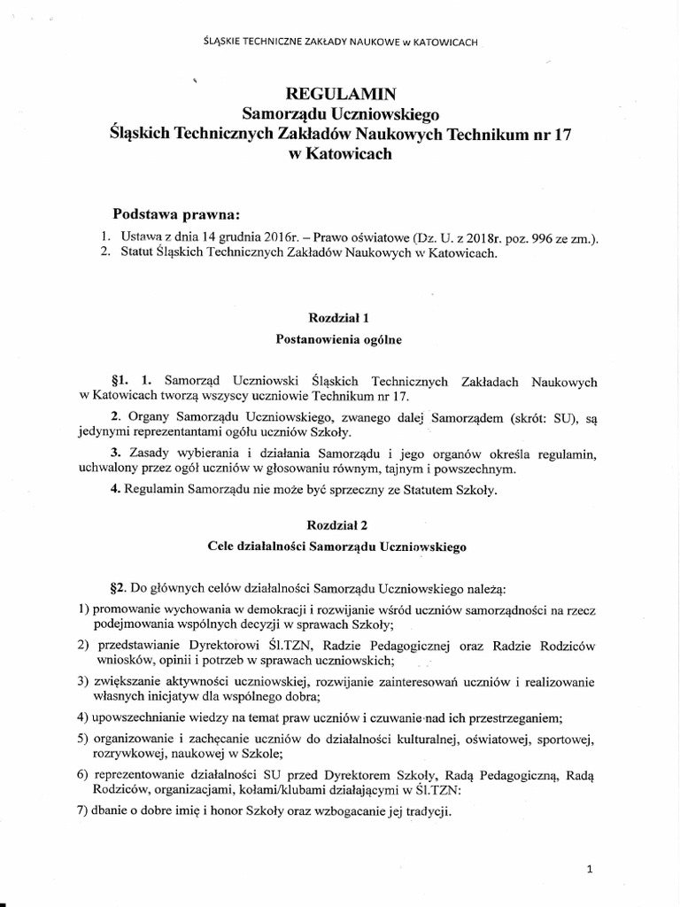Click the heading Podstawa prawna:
pos(176,215)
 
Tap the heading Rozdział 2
pos(340,523)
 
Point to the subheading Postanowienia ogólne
pos(340,337)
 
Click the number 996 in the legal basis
pos(522,237)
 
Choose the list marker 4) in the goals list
pos(83,717)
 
